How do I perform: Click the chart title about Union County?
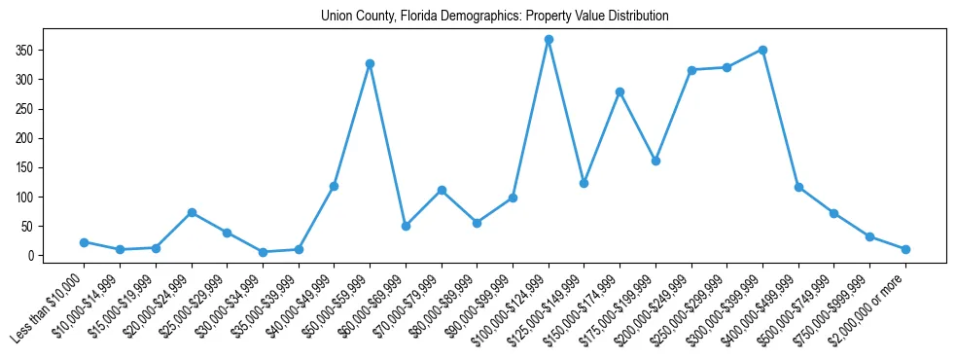(x=495, y=17)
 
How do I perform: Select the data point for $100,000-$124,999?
(x=549, y=40)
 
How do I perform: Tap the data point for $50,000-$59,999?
(x=370, y=64)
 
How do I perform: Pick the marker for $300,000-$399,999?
(x=762, y=50)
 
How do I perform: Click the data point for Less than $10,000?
(x=85, y=242)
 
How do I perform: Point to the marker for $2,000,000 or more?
(x=905, y=249)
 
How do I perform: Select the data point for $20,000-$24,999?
(x=192, y=212)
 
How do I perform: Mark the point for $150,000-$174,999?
(x=620, y=91)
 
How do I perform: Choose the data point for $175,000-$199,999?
(x=655, y=161)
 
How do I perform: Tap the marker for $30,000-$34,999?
(x=263, y=252)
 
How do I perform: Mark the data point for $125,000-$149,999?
(x=584, y=183)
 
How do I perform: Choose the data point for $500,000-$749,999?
(x=833, y=213)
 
